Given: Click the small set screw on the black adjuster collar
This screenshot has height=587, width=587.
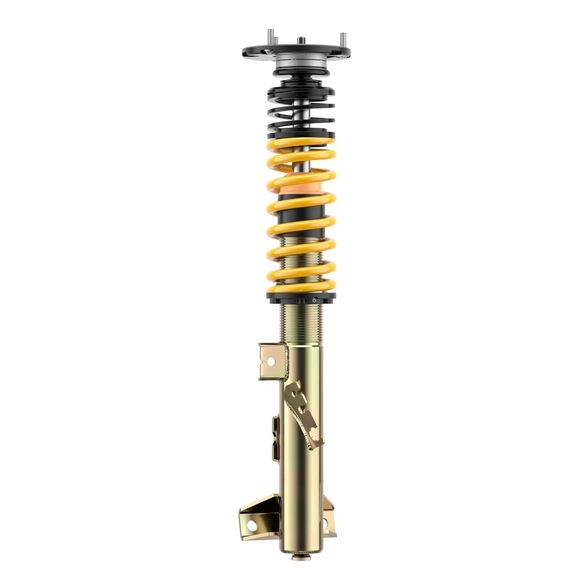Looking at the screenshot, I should click(314, 300).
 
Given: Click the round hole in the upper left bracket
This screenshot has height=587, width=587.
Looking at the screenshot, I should click(271, 361).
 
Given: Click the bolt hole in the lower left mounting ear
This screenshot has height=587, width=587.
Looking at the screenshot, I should click(252, 525).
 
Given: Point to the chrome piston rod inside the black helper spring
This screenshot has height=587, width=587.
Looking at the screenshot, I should click(301, 110).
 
